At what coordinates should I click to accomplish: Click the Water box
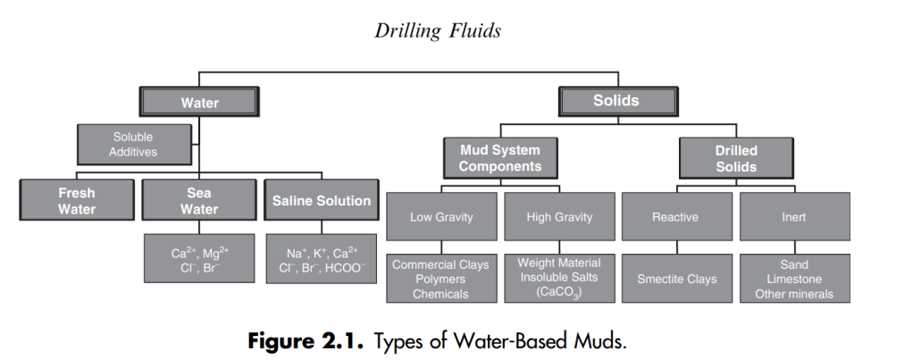point(199,103)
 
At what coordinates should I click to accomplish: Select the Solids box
point(616,101)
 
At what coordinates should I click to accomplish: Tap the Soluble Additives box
point(133,145)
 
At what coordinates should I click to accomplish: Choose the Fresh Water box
point(77,201)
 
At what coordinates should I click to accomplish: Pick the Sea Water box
point(199,201)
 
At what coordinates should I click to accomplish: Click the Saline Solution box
point(322,201)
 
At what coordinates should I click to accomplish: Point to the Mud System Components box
point(500,159)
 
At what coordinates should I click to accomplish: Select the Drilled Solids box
point(736,159)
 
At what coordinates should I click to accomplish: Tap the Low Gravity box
point(441,217)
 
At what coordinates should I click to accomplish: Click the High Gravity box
point(560,217)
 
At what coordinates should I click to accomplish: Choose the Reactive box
point(676,217)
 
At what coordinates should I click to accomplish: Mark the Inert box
point(793,217)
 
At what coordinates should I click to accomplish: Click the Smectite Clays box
point(676,279)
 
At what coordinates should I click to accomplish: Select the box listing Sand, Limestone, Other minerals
point(793,279)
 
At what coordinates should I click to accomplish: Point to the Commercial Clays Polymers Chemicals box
point(441,279)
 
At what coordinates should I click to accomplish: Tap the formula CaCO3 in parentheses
point(560,292)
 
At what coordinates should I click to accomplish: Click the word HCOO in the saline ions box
point(346,267)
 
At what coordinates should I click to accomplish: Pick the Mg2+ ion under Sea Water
point(217,254)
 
